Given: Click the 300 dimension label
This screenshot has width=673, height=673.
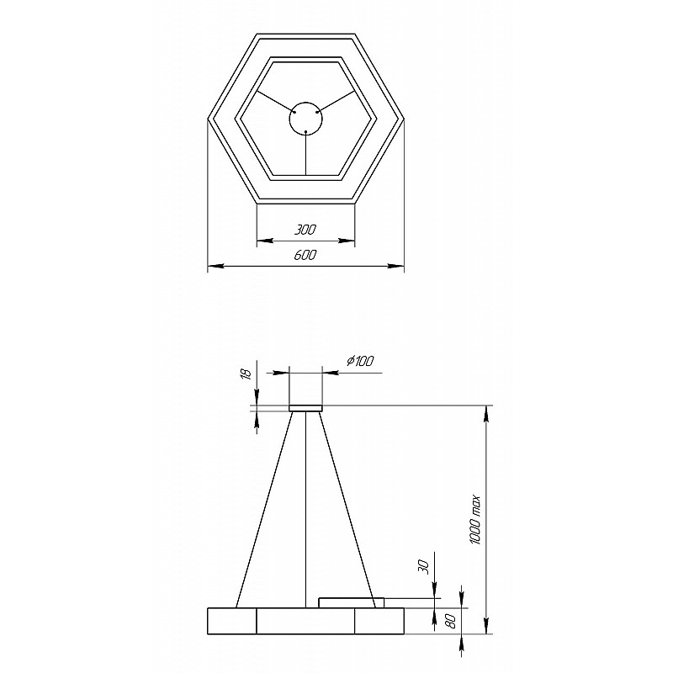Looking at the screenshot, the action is click(305, 230).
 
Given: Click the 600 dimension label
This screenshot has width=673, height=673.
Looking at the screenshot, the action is click(305, 255).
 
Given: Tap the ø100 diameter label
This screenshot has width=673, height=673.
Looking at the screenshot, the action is click(360, 361).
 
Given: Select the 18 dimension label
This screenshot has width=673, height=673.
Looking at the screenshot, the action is click(246, 374).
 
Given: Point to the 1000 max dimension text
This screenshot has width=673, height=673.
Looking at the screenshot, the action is click(475, 520).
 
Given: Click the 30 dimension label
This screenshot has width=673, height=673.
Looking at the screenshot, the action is click(423, 566).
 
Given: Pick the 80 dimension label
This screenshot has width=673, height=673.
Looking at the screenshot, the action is click(451, 621).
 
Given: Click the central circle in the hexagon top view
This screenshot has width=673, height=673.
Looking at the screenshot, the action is click(305, 119).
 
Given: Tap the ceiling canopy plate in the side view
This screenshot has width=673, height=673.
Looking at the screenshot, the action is click(305, 408).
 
